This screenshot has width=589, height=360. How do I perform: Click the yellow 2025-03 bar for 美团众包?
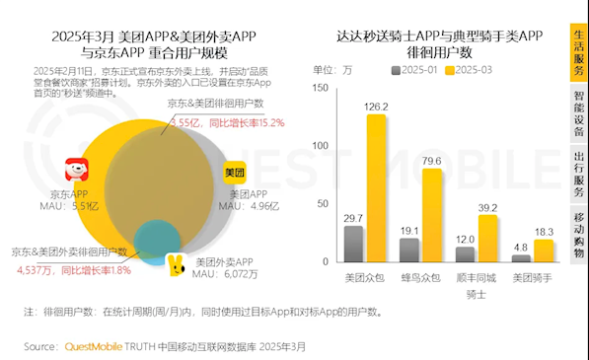pos(376,187)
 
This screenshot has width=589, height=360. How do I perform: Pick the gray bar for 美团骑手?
pos(520,257)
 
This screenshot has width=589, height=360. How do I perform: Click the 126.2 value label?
pos(376,106)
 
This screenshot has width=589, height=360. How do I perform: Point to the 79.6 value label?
pos(431,160)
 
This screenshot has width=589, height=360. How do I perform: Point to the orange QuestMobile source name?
pos(99,347)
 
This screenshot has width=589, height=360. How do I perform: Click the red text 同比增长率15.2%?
pos(245,123)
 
